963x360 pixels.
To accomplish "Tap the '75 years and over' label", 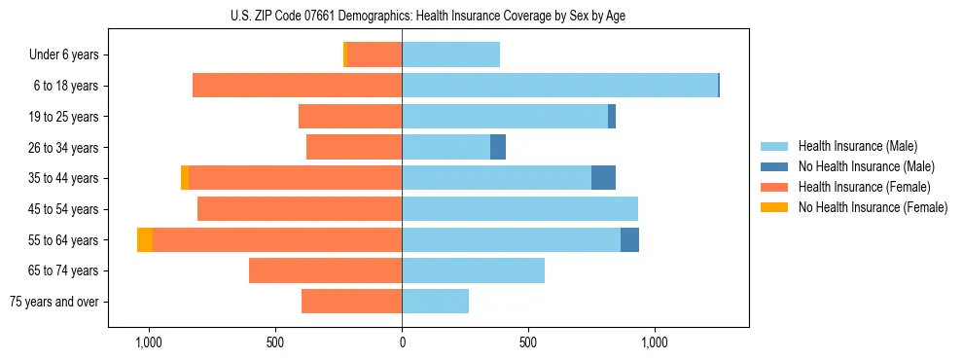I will [53, 302].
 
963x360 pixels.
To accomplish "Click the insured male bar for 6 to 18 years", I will [559, 86].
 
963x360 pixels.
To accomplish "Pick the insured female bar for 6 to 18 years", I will [297, 86].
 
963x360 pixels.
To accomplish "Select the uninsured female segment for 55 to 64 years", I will [145, 239].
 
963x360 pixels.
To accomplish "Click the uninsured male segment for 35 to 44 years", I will [603, 178].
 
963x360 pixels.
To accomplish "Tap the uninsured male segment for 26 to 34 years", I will [498, 147].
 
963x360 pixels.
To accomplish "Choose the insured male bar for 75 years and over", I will [435, 302].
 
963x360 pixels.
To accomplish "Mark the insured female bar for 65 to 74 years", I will [325, 270].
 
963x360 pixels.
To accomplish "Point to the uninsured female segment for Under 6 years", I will [345, 54].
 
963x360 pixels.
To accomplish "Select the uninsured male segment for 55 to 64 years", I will [629, 239].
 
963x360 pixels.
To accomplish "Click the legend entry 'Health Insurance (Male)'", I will [857, 146].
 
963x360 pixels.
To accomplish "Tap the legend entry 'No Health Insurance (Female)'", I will [873, 207].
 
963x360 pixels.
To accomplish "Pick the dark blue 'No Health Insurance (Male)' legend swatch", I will [774, 166].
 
